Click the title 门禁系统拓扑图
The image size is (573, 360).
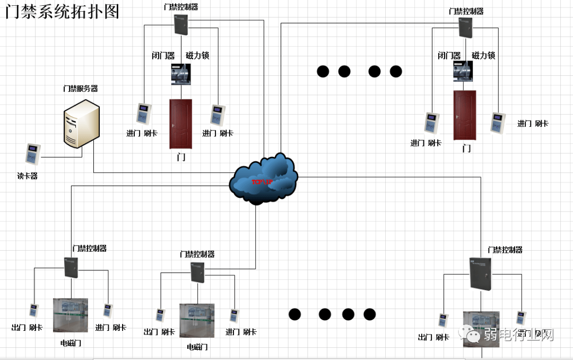click(x=62, y=11)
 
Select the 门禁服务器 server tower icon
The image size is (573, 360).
click(x=81, y=125)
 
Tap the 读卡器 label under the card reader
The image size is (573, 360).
click(x=28, y=176)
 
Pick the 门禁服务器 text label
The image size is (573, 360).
click(x=81, y=89)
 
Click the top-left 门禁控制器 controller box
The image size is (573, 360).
click(x=181, y=24)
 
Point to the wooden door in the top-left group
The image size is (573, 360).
click(x=180, y=124)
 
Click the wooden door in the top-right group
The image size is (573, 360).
click(x=465, y=115)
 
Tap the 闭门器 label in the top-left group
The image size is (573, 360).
click(x=163, y=56)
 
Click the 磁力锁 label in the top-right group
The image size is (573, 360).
click(x=483, y=56)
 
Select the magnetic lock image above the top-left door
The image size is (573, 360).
click(x=180, y=74)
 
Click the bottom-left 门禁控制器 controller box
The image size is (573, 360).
click(x=71, y=267)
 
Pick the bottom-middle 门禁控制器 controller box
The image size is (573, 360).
click(x=197, y=272)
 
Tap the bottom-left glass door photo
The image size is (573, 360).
click(x=71, y=315)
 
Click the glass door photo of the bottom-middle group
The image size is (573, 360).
click(x=197, y=320)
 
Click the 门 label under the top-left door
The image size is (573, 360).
click(x=181, y=157)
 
